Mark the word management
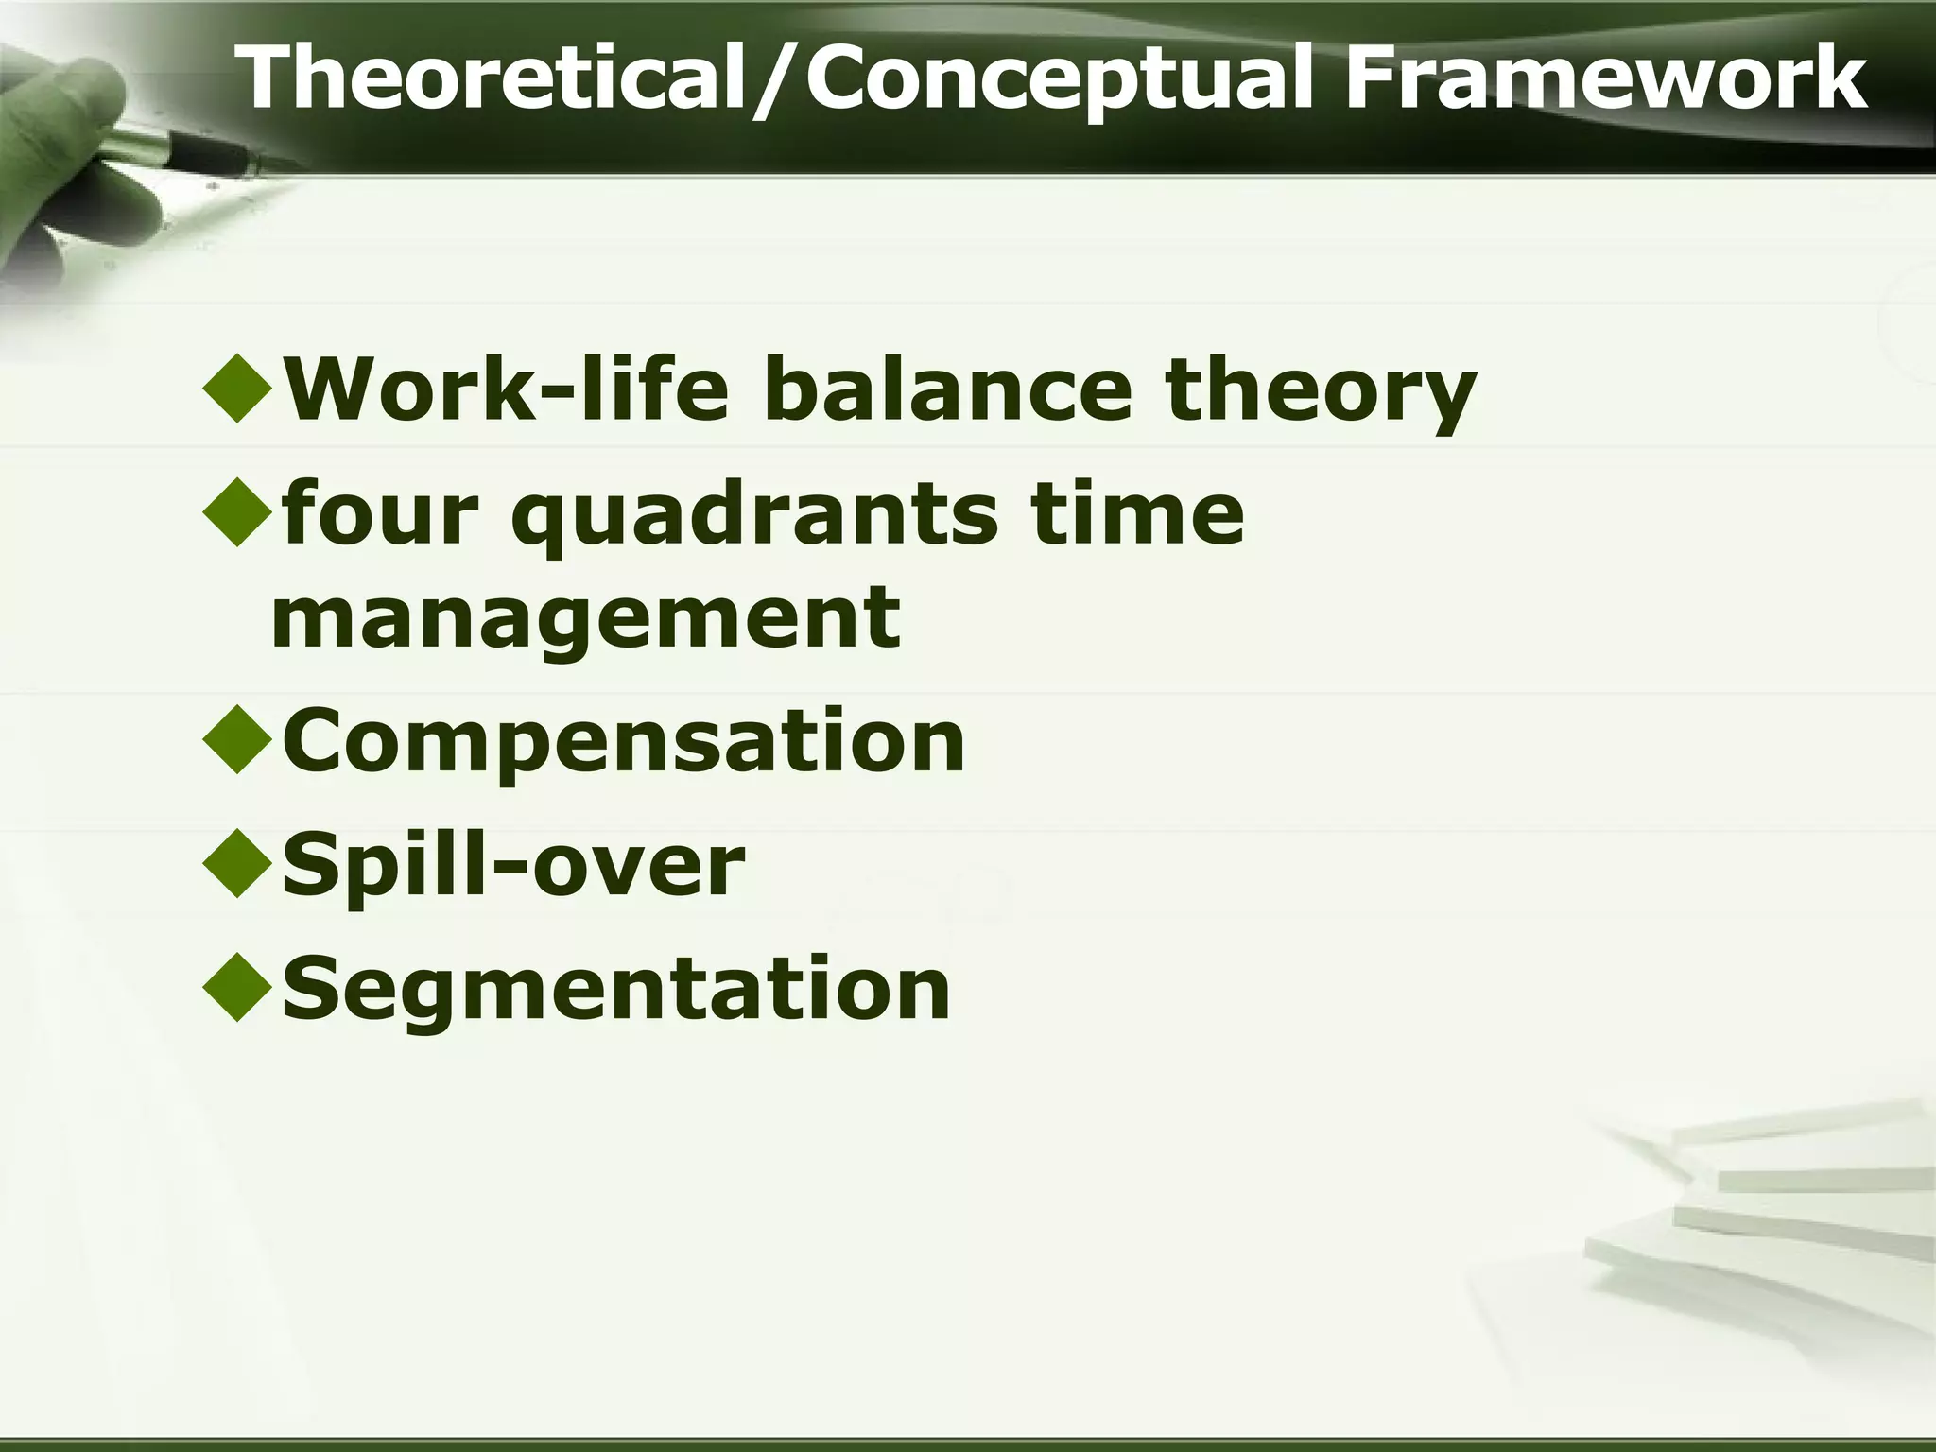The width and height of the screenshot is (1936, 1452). (586, 620)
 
